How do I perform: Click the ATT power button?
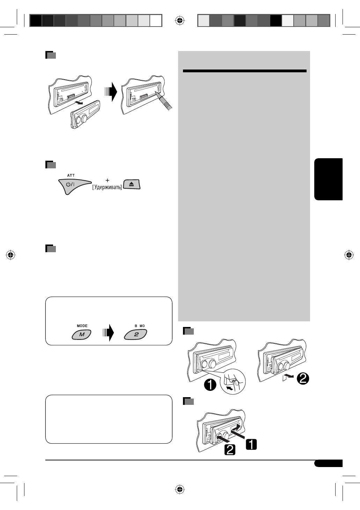(71, 185)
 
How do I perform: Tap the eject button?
(132, 184)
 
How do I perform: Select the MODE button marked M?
(82, 335)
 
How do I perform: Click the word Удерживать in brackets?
(107, 187)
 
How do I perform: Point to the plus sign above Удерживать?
(108, 180)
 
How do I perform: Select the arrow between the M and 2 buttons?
(108, 333)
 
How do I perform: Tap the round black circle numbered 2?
(303, 379)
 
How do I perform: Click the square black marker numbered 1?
(251, 444)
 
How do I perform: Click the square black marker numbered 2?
(229, 449)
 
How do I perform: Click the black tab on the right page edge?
(328, 179)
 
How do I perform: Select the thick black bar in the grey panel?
(244, 71)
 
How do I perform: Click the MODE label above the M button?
(82, 326)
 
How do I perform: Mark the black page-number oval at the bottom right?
(328, 463)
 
